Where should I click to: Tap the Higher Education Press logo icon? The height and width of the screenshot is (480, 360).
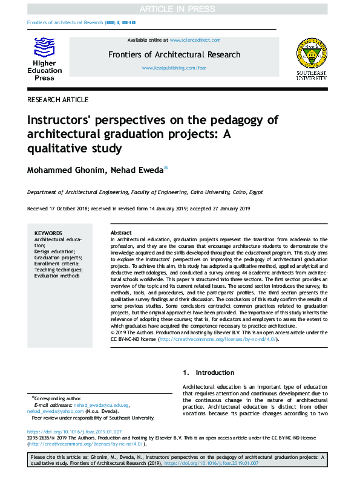[44, 47]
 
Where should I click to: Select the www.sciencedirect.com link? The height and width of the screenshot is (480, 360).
[195, 39]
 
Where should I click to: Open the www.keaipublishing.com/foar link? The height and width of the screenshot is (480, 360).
[174, 68]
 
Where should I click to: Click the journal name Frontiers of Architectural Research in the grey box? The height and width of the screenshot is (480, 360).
[174, 54]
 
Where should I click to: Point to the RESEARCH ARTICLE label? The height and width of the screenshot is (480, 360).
[58, 100]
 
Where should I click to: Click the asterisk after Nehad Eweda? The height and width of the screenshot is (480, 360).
[166, 169]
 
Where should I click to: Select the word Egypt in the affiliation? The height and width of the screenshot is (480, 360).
[254, 192]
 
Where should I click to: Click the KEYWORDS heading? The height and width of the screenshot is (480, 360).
[48, 233]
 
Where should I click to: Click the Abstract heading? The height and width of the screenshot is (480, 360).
[121, 233]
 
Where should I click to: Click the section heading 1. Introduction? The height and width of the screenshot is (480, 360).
[209, 372]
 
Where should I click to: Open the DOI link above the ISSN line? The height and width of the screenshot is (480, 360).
[74, 432]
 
